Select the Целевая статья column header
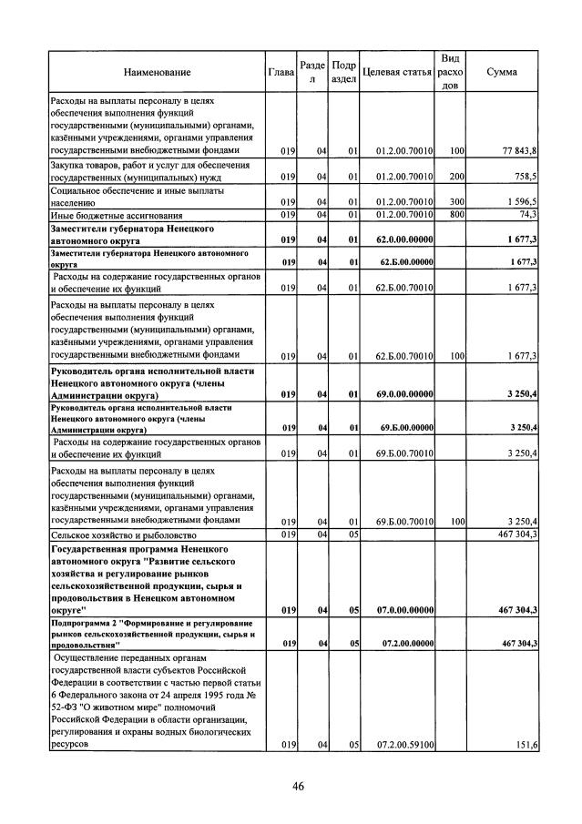[x=396, y=71]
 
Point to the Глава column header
[x=281, y=71]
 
